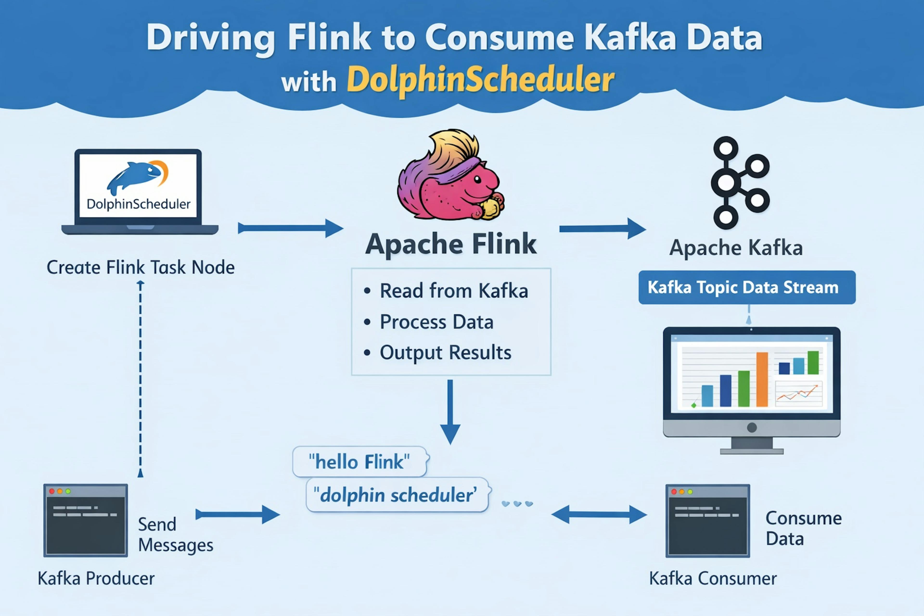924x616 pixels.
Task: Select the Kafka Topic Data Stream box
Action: (x=746, y=287)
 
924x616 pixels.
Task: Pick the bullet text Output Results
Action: (x=445, y=352)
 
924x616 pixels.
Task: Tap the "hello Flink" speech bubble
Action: (x=359, y=462)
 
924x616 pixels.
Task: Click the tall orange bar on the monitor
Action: (x=762, y=379)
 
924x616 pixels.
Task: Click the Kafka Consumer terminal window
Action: (x=707, y=520)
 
